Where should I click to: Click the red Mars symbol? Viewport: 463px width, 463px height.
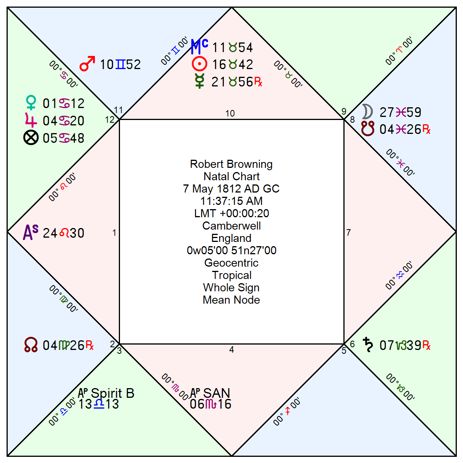87,64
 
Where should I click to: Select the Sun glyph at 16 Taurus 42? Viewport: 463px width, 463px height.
199,64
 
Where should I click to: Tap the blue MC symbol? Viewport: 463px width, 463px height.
199,47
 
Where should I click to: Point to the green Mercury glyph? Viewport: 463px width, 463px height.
199,81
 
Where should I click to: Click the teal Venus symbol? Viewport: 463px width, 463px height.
31,103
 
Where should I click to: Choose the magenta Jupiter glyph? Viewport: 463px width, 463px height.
31,120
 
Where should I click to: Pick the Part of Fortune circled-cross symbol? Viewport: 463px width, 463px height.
31,138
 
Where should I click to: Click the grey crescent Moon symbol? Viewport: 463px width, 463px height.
368,112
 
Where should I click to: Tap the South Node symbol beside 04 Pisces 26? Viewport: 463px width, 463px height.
368,129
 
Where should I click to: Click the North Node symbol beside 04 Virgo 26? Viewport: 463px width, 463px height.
31,345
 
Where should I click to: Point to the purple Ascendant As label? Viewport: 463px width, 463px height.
30,232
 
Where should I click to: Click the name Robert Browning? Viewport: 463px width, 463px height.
231,164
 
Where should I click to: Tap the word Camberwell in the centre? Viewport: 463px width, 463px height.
231,226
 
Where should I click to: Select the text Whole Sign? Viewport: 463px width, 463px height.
231,287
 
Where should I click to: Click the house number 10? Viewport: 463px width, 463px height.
230,113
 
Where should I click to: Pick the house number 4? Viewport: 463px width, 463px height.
231,350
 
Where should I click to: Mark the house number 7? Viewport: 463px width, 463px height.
349,233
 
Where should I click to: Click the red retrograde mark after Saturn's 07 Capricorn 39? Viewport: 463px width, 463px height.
426,345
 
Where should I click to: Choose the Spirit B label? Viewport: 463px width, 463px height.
112,393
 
